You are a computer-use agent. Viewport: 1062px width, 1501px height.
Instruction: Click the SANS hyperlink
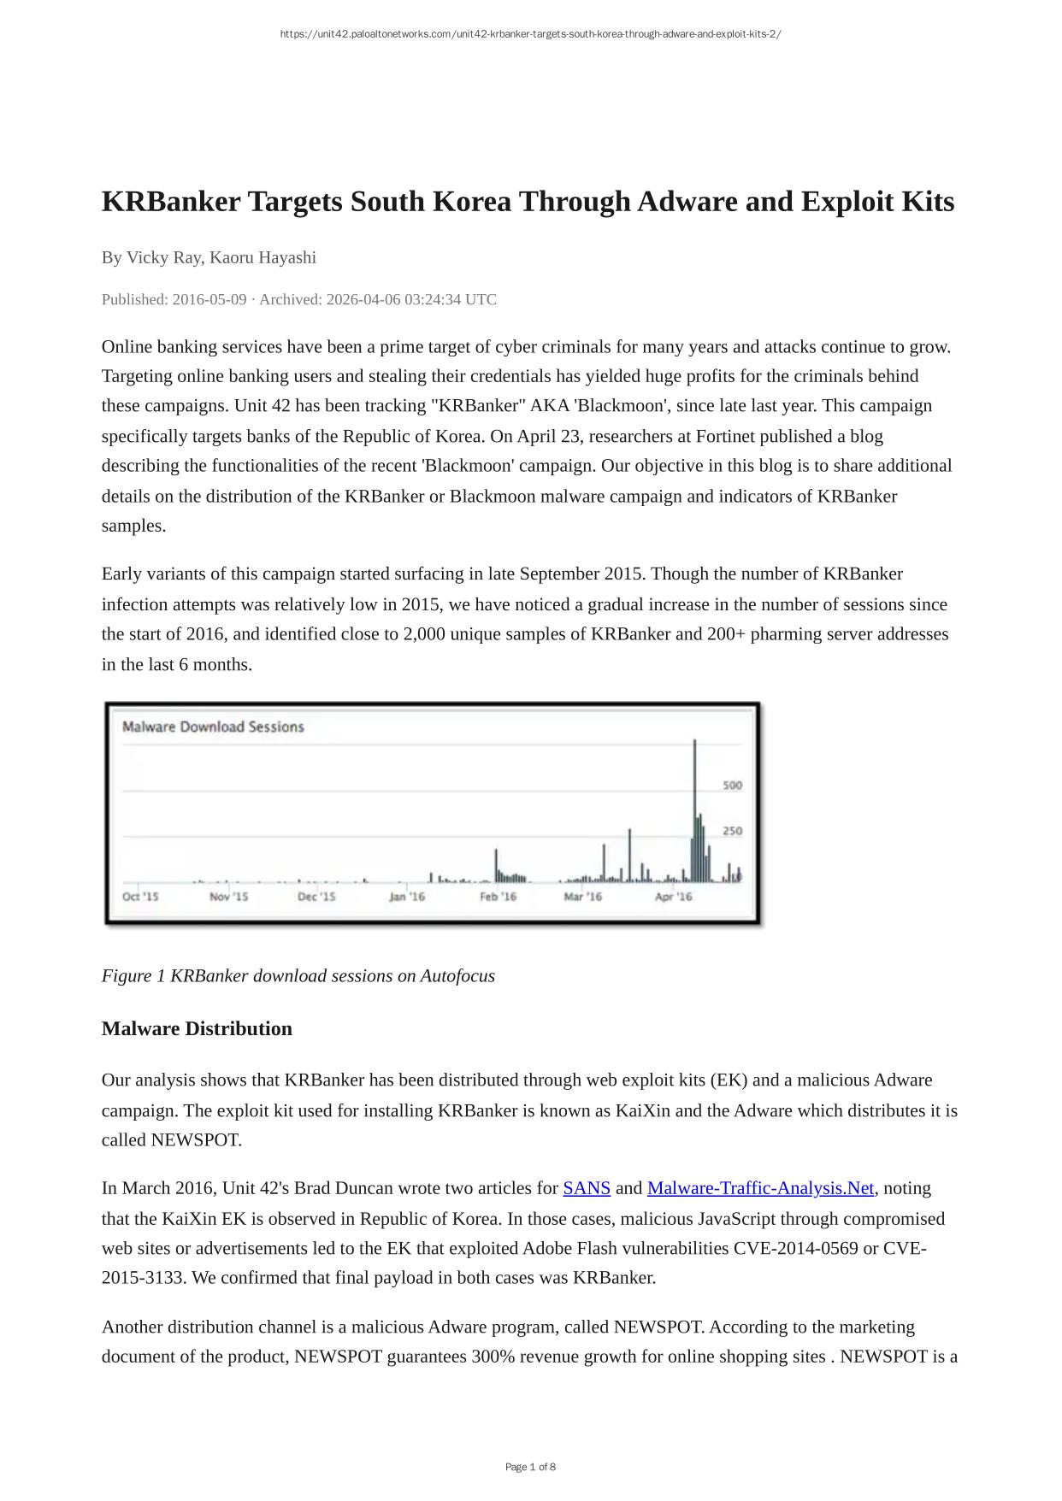(586, 1188)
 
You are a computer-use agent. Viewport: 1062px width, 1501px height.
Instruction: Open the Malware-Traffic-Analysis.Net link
(760, 1188)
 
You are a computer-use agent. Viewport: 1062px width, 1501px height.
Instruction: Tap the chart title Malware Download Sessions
(213, 727)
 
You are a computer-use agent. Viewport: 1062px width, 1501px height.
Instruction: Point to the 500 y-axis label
(732, 785)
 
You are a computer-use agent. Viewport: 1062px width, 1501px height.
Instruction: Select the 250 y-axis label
(732, 831)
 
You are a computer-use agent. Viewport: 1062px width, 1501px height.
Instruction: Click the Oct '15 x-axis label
(140, 897)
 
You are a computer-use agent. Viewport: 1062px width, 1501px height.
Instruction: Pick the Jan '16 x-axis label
(407, 897)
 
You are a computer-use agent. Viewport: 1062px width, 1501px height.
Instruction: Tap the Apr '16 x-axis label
(673, 897)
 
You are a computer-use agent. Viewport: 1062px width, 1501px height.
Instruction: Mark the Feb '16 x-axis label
(498, 897)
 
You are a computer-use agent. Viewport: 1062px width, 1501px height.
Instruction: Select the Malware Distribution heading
(197, 1028)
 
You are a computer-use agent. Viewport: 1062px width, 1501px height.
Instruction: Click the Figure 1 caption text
(298, 976)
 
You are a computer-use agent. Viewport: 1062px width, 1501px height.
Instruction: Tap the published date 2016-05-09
(209, 299)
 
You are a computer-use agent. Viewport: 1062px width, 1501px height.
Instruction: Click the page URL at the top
(530, 34)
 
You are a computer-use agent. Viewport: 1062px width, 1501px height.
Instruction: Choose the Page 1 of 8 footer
(530, 1467)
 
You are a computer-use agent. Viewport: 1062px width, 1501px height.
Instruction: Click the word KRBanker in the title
(171, 202)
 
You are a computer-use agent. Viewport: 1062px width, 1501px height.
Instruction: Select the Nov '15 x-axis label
(228, 897)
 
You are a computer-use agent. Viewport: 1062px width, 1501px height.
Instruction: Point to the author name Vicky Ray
(163, 257)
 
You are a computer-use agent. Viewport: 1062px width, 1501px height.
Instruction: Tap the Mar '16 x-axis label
(582, 897)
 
